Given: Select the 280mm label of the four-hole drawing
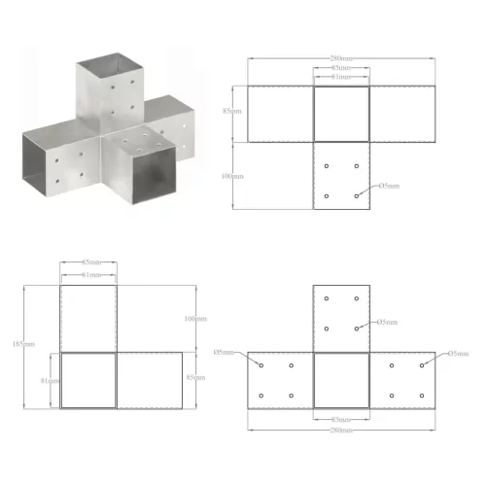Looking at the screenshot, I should point(340,60).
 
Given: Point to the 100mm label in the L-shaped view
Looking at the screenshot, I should point(194,319).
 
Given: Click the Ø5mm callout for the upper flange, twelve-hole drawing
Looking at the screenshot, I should point(386,322).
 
